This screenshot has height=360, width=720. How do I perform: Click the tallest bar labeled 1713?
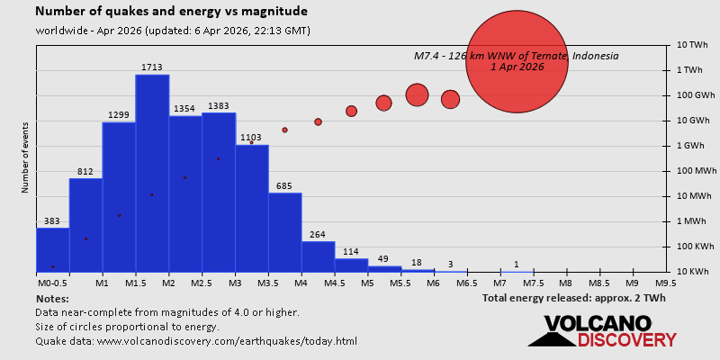[x=152, y=171]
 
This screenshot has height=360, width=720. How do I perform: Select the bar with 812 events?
[x=85, y=225]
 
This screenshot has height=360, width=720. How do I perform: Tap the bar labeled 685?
[x=284, y=231]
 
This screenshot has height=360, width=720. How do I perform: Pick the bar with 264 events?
[x=318, y=256]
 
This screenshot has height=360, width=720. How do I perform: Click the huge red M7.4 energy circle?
[x=517, y=61]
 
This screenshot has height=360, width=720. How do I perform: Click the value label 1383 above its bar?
[x=218, y=106]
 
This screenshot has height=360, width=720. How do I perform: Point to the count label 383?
[x=52, y=221]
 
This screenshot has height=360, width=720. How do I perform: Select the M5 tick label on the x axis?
[x=367, y=283]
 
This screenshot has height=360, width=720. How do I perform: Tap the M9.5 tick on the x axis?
[x=666, y=283]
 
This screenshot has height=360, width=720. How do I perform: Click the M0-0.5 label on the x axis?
[x=52, y=283]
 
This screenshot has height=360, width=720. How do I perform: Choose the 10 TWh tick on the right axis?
[x=694, y=45]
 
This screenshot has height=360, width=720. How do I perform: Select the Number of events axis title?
[x=25, y=160]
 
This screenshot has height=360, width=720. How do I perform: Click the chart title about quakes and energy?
[x=171, y=12]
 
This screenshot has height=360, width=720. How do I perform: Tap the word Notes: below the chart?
[x=52, y=298]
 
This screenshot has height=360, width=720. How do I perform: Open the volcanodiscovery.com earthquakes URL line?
[x=196, y=341]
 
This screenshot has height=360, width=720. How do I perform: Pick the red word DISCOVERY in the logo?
[x=626, y=340]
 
